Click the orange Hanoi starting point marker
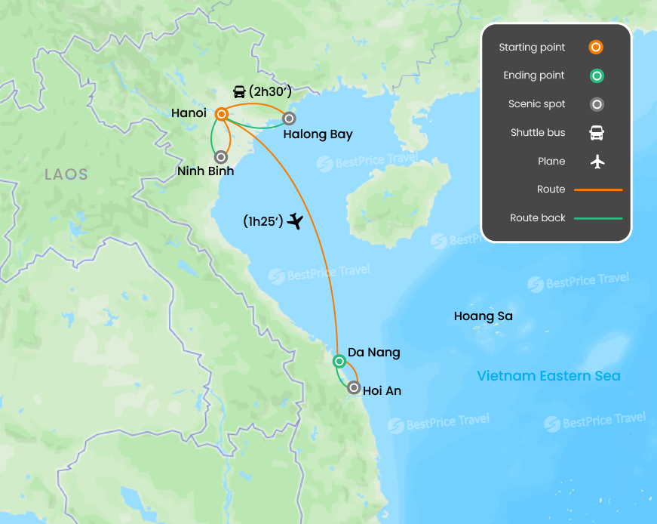pyautogui.click(x=222, y=114)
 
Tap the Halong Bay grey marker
pyautogui.click(x=289, y=119)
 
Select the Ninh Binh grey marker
pyautogui.click(x=221, y=157)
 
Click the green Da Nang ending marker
pyautogui.click(x=339, y=361)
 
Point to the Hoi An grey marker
pyautogui.click(x=354, y=388)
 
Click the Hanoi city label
pyautogui.click(x=189, y=113)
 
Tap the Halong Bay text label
pyautogui.click(x=318, y=134)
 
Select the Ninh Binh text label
pyautogui.click(x=205, y=171)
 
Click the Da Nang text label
pyautogui.click(x=374, y=353)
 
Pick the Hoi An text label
pyautogui.click(x=382, y=391)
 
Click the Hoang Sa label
pyautogui.click(x=483, y=316)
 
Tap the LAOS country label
pyautogui.click(x=66, y=174)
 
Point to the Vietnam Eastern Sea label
pyautogui.click(x=548, y=376)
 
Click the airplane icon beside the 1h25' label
pyautogui.click(x=295, y=221)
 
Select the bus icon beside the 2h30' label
pyautogui.click(x=239, y=92)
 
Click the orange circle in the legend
pyautogui.click(x=596, y=48)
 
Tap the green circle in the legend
pyautogui.click(x=596, y=76)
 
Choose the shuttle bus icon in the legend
pyautogui.click(x=596, y=133)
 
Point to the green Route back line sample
pyautogui.click(x=598, y=218)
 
